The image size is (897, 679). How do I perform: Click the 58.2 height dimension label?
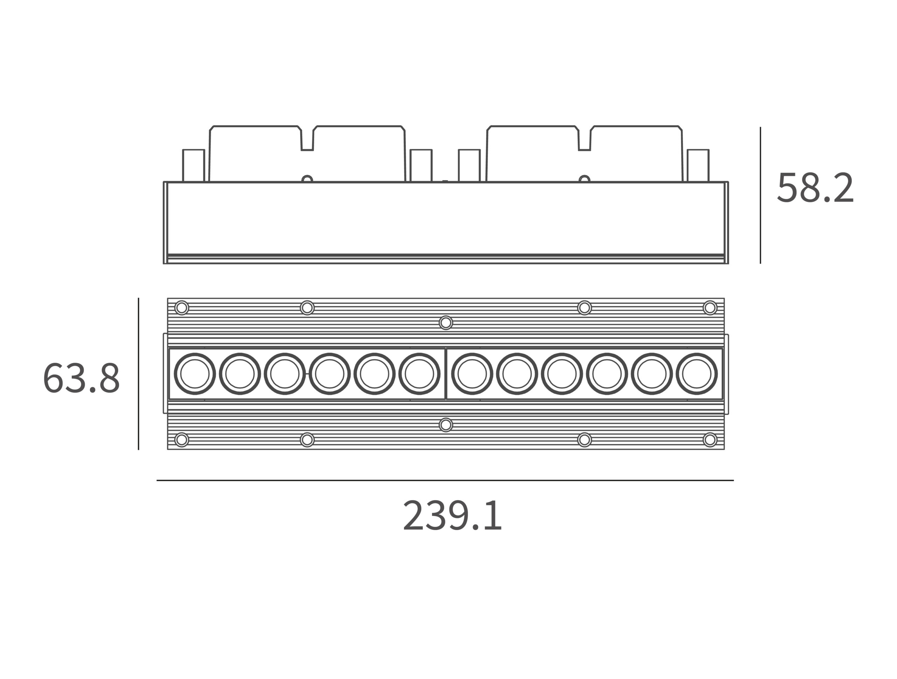815,188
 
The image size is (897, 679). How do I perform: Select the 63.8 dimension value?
82,378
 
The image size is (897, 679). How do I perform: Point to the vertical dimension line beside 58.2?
760,195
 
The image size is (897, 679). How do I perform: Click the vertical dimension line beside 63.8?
138,374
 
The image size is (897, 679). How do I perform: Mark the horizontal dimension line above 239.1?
445,480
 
